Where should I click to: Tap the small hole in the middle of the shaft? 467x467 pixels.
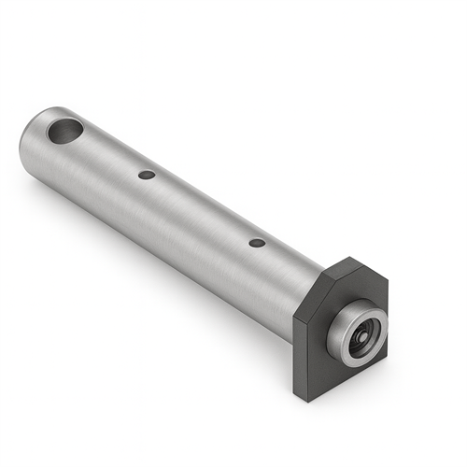[146, 175]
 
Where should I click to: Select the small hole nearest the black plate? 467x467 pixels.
[257, 243]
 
